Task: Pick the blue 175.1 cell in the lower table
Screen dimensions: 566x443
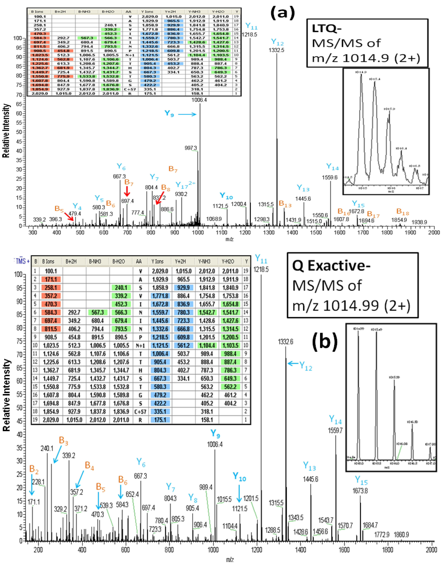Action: (160, 419)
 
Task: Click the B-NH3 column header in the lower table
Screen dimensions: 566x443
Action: (95, 261)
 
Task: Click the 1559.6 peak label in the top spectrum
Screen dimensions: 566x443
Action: (330, 177)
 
